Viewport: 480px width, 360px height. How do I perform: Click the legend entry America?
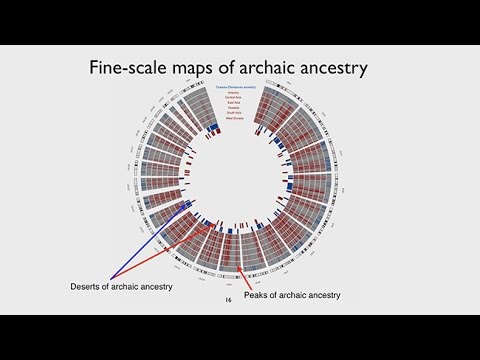click(x=238, y=93)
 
